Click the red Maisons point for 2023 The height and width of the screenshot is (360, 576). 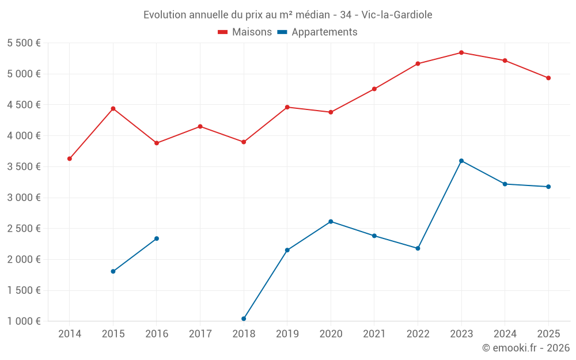[x=461, y=52]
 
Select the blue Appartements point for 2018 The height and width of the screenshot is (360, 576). [x=244, y=319]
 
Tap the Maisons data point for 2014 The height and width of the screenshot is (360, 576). [x=70, y=159]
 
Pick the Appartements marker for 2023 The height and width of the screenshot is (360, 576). [x=461, y=161]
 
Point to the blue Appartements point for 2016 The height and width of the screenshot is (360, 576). [x=157, y=238]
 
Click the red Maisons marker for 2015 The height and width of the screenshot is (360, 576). [x=113, y=109]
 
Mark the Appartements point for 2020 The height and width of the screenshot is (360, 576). [x=331, y=222]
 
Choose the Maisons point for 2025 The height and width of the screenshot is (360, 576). [x=548, y=78]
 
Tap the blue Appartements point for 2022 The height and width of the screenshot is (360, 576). [x=418, y=248]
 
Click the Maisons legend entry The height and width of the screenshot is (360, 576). [x=245, y=32]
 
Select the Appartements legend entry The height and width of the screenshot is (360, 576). [x=317, y=32]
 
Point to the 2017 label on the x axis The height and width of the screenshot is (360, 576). [x=200, y=334]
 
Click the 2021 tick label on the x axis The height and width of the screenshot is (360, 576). [x=374, y=334]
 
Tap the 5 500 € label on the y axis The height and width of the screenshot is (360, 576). [x=24, y=43]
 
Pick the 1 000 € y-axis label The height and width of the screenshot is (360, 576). [x=24, y=321]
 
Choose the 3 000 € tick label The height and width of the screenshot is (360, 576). [x=24, y=198]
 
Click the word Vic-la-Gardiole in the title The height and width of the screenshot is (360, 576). [x=397, y=15]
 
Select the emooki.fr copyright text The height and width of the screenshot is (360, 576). [x=526, y=347]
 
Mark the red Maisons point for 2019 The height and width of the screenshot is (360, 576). [x=287, y=107]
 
